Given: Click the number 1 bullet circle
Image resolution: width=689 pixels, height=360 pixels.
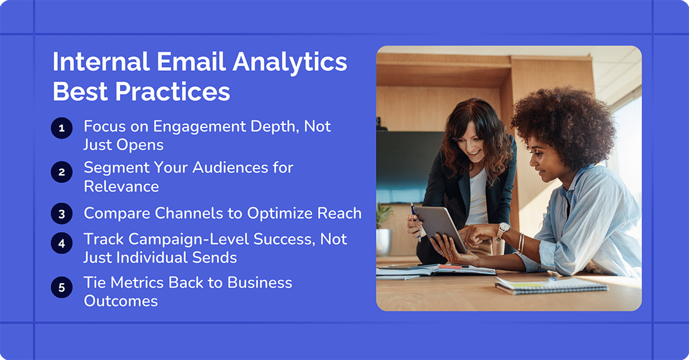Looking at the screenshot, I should point(62,128).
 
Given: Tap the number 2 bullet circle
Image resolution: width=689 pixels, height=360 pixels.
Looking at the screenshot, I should point(62,172).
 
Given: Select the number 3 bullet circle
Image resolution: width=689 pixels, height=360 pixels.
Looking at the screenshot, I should point(62,214).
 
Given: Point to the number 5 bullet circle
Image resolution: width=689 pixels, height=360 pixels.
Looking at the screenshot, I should point(62,287).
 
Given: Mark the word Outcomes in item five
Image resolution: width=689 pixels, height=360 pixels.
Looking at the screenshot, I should point(121,301).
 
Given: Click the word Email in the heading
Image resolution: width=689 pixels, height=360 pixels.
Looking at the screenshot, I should point(185,63).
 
